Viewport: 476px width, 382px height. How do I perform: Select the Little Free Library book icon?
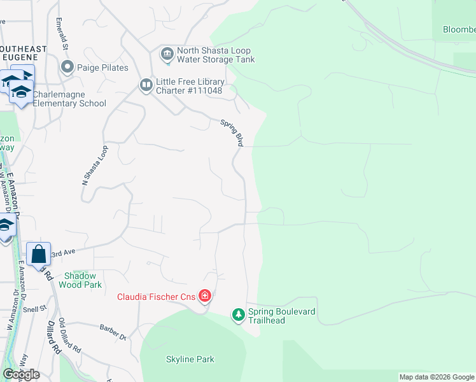[146, 85]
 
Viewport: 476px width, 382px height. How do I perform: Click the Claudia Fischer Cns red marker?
[204, 296]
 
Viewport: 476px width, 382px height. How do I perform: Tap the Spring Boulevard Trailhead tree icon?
[239, 315]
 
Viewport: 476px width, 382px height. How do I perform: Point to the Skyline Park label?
[190, 360]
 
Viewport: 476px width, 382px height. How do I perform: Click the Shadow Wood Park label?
[80, 280]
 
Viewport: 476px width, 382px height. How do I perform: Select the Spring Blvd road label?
[232, 132]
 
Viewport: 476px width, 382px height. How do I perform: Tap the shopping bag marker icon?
[39, 253]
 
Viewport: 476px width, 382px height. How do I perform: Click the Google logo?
[21, 374]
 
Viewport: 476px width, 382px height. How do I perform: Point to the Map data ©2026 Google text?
[436, 377]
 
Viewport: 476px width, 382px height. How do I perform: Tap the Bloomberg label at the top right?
[458, 29]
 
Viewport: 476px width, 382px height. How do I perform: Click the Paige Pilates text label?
[102, 67]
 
